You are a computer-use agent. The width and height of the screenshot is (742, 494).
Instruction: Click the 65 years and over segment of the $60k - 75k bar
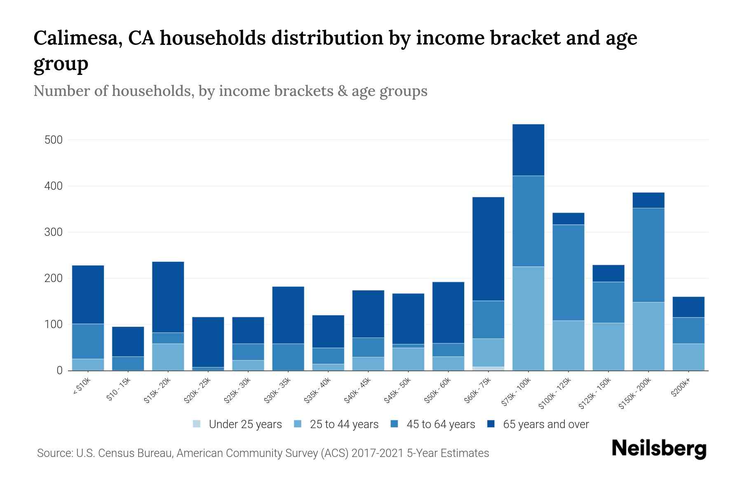pos(488,249)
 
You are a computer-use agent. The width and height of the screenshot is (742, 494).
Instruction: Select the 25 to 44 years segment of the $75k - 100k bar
pos(528,318)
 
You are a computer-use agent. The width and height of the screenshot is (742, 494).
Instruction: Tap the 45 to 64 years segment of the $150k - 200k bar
pos(648,255)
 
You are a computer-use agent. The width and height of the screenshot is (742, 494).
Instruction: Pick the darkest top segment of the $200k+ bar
pos(688,307)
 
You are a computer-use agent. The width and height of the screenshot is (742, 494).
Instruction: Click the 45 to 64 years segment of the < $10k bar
pos(88,341)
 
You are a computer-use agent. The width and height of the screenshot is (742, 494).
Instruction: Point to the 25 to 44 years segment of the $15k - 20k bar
pos(168,357)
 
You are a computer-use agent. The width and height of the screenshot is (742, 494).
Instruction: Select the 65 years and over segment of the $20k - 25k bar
pos(208,342)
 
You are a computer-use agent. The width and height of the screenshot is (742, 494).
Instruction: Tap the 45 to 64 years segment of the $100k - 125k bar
pos(568,273)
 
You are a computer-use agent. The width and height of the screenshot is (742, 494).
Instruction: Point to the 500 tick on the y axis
pos(53,140)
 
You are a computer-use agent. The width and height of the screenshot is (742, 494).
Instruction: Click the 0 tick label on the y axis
pos(59,370)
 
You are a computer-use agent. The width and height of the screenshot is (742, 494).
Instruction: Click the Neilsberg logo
pos(659,449)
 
